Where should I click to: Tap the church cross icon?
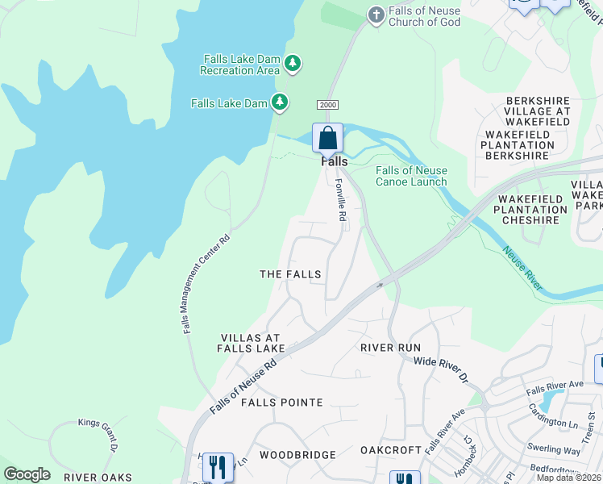tap(375, 14)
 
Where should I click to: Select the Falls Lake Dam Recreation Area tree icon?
tap(293, 63)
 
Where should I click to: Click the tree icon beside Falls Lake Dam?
tap(280, 102)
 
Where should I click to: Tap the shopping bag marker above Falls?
tap(328, 138)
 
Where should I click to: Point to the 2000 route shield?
tap(327, 105)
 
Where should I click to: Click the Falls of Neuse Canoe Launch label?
tap(411, 176)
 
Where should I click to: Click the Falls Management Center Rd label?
tap(205, 283)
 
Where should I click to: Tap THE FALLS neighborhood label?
tap(290, 274)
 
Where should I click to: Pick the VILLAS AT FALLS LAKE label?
tap(251, 343)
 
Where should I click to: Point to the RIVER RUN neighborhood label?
tap(390, 348)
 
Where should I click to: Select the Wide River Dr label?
tap(441, 368)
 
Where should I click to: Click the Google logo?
tap(27, 474)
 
